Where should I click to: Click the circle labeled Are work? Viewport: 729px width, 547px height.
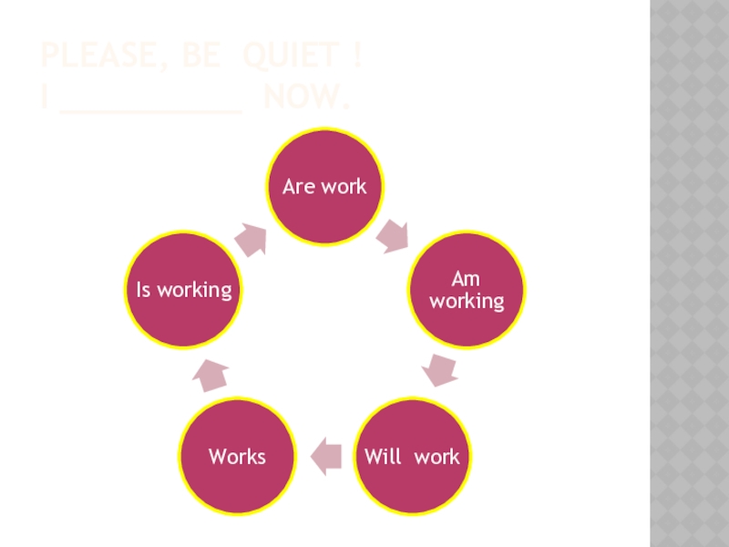324,187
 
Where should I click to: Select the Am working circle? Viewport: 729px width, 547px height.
467,290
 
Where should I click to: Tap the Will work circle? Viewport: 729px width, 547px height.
412,456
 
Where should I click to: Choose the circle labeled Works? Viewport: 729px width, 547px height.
237,456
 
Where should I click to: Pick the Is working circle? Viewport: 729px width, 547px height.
183,290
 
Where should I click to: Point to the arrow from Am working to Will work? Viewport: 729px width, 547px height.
440,369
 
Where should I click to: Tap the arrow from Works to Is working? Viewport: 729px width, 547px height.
211,374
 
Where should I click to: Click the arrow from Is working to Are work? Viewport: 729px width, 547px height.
252,238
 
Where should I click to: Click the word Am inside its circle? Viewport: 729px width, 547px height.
466,279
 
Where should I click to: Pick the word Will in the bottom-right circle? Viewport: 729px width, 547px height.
383,456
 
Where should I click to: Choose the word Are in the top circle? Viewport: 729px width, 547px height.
297,187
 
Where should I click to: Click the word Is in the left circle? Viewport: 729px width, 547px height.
143,290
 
